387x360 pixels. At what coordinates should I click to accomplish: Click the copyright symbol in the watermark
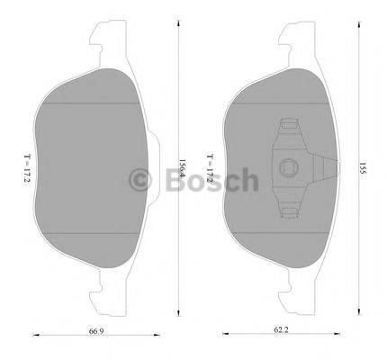coord(142,180)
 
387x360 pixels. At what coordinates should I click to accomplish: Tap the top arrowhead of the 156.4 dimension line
coord(181,28)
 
